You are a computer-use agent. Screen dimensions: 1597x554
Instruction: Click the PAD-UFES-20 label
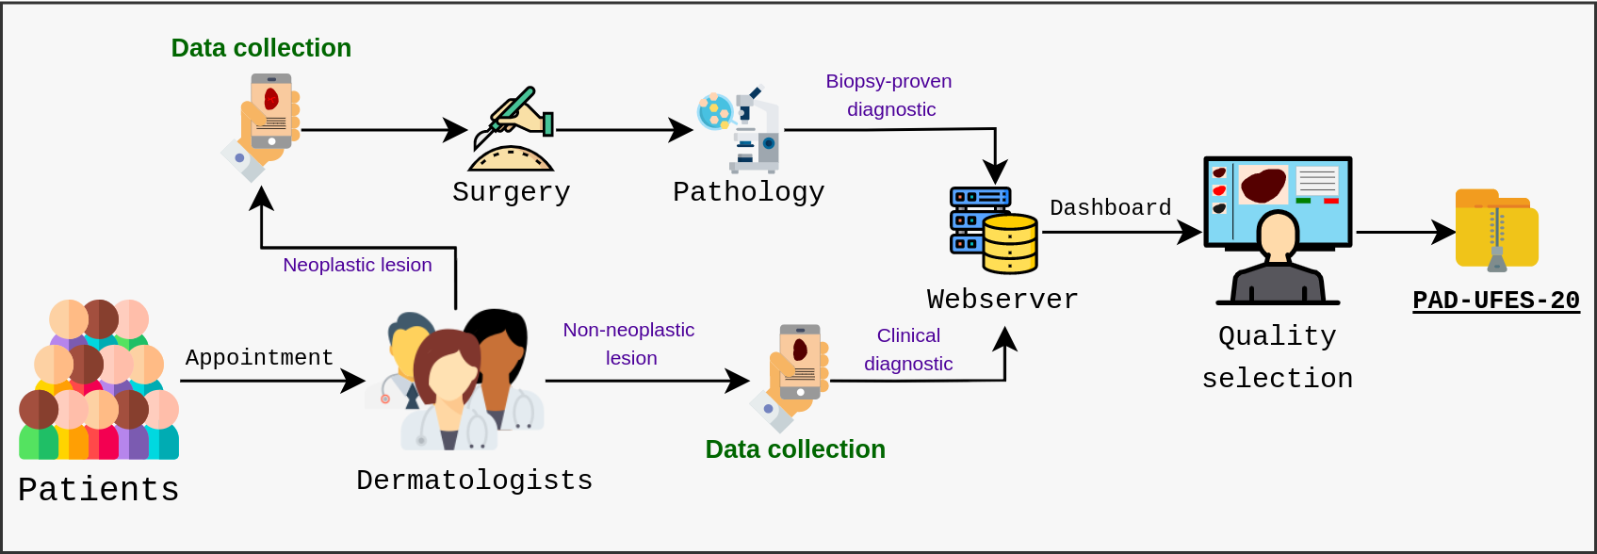(1496, 301)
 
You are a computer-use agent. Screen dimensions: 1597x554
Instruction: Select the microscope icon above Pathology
(740, 129)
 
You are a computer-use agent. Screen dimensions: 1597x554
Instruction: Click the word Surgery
(512, 192)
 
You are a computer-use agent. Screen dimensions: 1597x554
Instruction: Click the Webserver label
(1002, 300)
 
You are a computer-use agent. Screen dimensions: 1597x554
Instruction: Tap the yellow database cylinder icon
(1009, 243)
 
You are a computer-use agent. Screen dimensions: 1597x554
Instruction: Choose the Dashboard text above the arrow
(1111, 207)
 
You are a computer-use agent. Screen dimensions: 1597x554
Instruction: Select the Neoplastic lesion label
(357, 265)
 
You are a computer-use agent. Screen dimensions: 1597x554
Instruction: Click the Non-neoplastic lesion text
(628, 344)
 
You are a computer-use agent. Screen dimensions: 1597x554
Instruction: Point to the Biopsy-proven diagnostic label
(889, 95)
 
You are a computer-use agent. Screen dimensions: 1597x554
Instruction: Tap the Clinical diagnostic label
(908, 350)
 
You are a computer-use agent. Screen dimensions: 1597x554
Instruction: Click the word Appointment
(259, 357)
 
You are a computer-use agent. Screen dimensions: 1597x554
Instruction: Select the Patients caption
(98, 490)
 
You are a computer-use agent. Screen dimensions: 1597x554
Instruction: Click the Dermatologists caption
(475, 481)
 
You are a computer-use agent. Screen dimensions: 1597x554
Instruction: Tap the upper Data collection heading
(261, 48)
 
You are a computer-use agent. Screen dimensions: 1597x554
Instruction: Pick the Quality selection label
(1278, 357)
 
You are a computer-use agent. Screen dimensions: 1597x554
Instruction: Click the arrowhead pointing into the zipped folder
(1444, 232)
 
